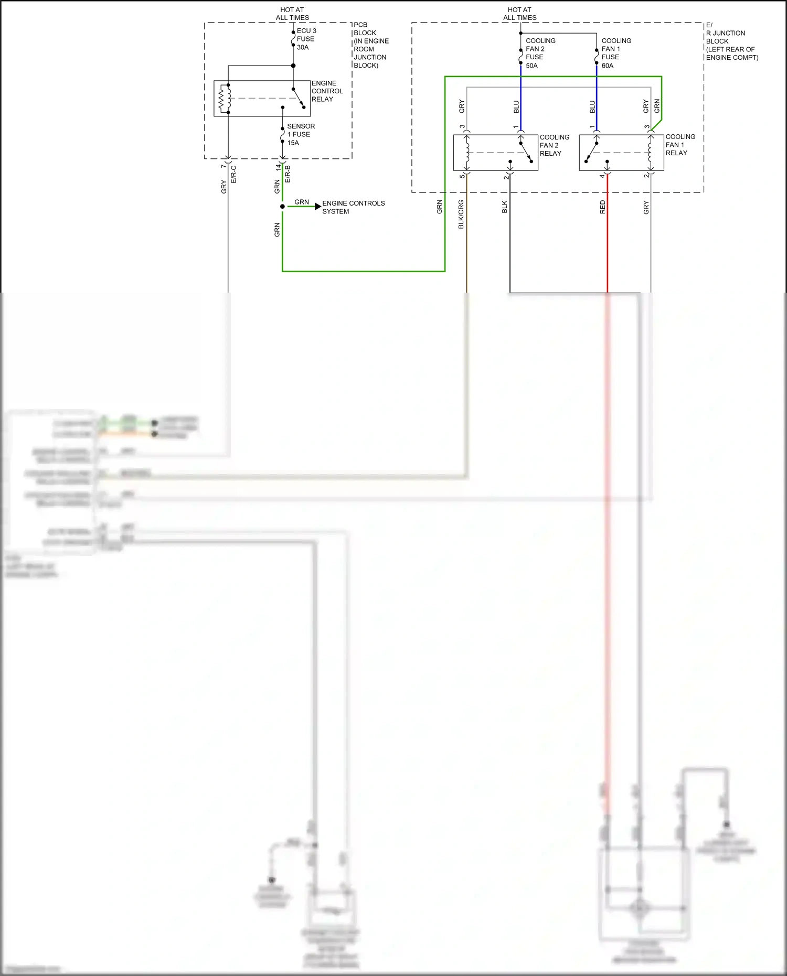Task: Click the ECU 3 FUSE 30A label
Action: pos(306,39)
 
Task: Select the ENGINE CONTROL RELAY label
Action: pos(326,91)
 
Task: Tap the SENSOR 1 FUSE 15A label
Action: pos(300,134)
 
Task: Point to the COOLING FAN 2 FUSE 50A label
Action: pos(540,53)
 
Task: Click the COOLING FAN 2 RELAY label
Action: pos(554,145)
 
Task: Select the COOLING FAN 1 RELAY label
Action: pos(680,145)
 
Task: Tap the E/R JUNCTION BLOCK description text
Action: pos(731,41)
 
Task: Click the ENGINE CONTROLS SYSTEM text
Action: pos(353,207)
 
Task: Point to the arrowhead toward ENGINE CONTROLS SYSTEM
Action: pos(318,207)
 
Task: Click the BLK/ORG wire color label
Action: pos(461,214)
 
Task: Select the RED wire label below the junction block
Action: pos(602,207)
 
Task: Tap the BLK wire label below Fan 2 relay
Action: pos(505,207)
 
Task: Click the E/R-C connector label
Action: pos(234,175)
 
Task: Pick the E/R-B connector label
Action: pos(288,174)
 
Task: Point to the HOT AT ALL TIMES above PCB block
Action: pos(292,14)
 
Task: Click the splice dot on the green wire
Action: pos(282,207)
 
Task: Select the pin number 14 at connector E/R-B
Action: pos(278,167)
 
